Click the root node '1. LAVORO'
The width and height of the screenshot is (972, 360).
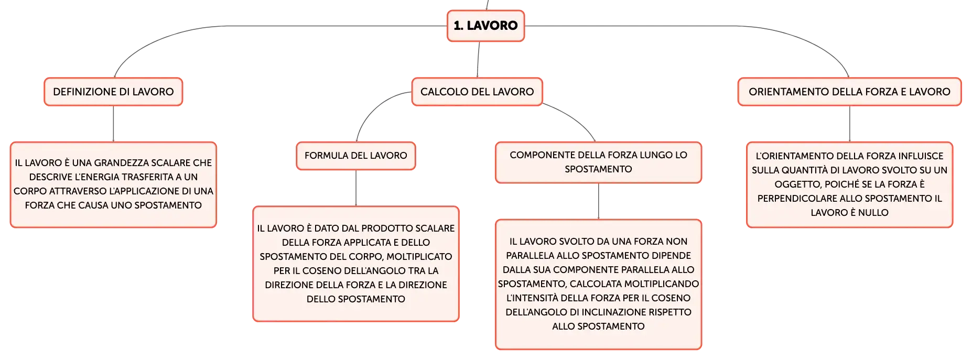click(485, 26)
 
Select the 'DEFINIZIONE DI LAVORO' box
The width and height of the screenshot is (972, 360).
click(113, 92)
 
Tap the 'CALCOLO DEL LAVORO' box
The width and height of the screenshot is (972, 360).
click(477, 92)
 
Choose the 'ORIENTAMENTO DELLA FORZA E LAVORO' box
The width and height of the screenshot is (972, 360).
click(849, 92)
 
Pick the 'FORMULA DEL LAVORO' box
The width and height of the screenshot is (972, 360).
click(356, 156)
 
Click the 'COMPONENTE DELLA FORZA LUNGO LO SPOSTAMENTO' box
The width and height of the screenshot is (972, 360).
click(598, 162)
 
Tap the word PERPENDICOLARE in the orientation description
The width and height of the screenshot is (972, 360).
click(797, 199)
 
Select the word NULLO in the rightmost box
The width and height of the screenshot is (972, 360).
click(873, 213)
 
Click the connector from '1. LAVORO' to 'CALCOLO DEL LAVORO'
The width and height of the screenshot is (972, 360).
click(478, 60)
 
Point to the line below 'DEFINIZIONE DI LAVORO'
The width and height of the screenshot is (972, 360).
click(113, 124)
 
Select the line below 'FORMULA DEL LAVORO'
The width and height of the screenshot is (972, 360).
click(356, 188)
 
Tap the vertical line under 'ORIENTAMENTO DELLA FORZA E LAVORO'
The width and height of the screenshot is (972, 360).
click(850, 124)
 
